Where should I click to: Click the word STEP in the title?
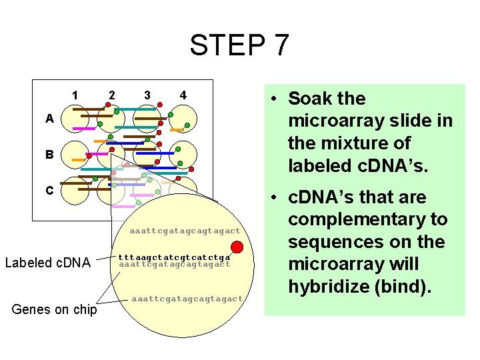pyautogui.click(x=223, y=45)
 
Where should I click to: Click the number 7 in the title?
pyautogui.click(x=281, y=45)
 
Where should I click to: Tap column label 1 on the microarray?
pyautogui.click(x=76, y=95)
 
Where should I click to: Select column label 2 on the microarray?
pyautogui.click(x=111, y=95)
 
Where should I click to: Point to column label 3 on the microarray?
pyautogui.click(x=147, y=95)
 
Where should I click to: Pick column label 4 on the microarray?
pyautogui.click(x=183, y=95)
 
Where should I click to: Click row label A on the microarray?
pyautogui.click(x=49, y=119)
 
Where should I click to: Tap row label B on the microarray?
pyautogui.click(x=49, y=155)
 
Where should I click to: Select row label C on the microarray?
pyautogui.click(x=49, y=190)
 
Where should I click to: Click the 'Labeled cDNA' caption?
pyautogui.click(x=47, y=263)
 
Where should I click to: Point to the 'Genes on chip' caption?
pyautogui.click(x=55, y=310)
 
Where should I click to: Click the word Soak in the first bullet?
pyautogui.click(x=311, y=99)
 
